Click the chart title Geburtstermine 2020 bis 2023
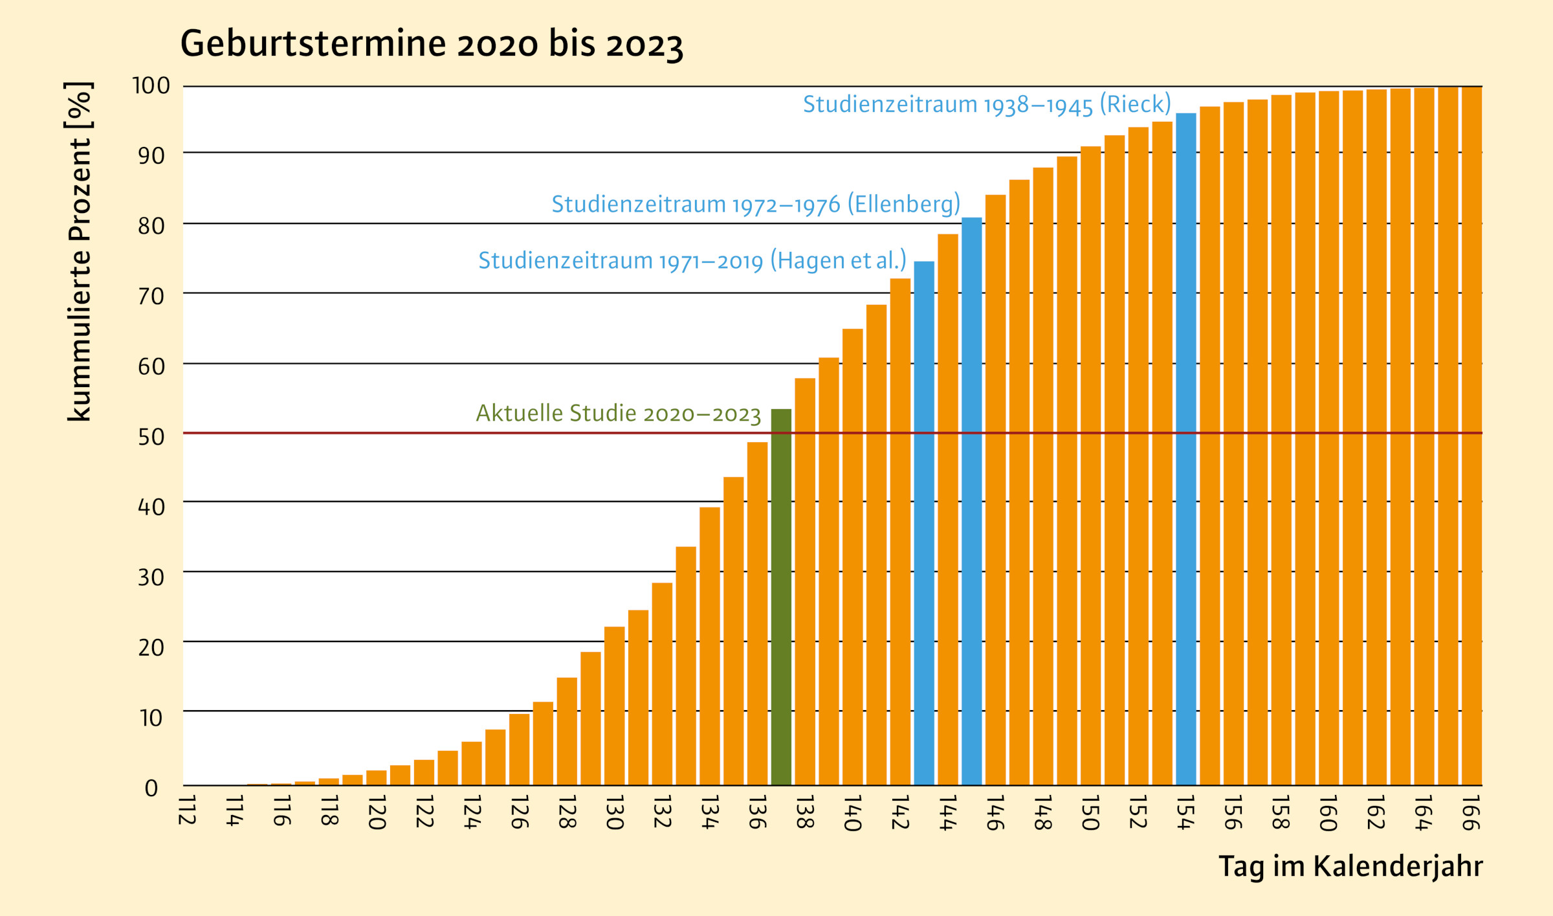(431, 44)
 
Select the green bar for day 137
(781, 596)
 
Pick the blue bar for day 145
(972, 501)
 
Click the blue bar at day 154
(1186, 449)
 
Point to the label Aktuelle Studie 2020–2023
(618, 414)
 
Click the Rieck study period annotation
(987, 104)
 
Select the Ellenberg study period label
(756, 205)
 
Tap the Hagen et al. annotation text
(692, 261)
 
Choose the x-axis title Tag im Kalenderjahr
(1350, 867)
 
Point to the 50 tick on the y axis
(151, 437)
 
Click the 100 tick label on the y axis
(151, 85)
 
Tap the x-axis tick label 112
(186, 810)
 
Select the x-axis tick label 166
(1470, 812)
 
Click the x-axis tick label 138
(804, 812)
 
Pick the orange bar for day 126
(519, 750)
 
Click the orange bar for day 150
(1090, 466)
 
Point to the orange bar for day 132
(662, 684)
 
